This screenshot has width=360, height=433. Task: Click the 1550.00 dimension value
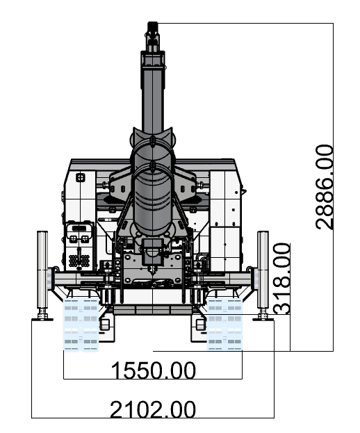[x=153, y=370]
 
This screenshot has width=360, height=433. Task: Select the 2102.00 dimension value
[x=153, y=409]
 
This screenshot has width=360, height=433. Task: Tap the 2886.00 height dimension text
[x=325, y=187]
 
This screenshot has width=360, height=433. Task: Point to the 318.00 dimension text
[x=282, y=278]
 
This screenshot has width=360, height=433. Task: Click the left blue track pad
[x=81, y=325]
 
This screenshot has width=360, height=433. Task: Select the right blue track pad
[x=224, y=324]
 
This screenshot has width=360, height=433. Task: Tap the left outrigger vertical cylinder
[x=42, y=270]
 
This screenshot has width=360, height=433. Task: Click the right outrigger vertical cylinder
[x=263, y=270]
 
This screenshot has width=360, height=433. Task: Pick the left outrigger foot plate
[x=42, y=319]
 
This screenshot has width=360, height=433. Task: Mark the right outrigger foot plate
[x=263, y=319]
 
